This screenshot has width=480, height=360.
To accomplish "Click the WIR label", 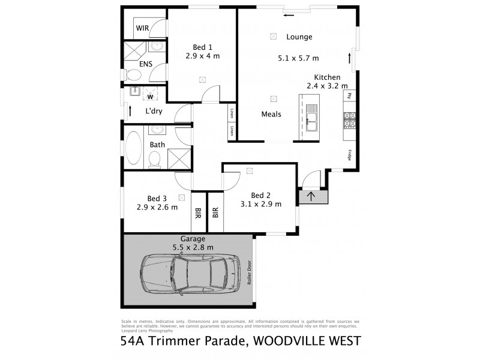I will tap(142, 28).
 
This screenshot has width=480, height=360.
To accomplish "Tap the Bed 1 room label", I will tap(202, 47).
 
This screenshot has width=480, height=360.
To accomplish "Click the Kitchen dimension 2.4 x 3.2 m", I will tap(327, 86).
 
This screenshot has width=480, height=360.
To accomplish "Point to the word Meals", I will tap(272, 113).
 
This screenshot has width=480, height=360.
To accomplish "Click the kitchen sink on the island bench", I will tap(311, 115).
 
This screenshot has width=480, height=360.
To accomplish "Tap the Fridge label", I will tap(349, 155).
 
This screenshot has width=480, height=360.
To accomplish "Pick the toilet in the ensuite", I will tap(133, 75).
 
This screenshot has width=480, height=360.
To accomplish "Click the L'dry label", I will tap(155, 112).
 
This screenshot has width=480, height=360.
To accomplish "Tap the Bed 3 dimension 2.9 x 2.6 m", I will tap(157, 208).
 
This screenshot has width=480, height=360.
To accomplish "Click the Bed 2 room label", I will tap(260, 195).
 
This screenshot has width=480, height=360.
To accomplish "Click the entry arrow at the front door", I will tap(311, 195).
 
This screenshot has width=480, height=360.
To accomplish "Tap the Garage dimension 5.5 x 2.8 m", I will tap(190, 247).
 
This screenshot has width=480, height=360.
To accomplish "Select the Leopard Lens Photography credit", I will tap(147, 331).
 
